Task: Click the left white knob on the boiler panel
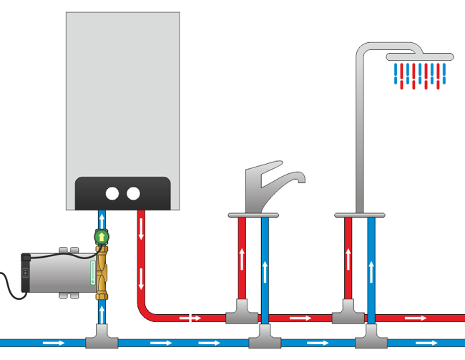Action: point(112,193)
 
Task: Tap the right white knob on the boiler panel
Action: point(133,193)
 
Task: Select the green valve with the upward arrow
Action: point(102,236)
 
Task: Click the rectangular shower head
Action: point(419,57)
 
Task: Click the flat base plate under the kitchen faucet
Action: point(253,214)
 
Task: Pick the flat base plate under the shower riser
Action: point(360,214)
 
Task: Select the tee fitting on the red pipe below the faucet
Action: point(242,314)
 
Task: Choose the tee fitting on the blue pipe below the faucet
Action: point(265,334)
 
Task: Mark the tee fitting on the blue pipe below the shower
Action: point(371,334)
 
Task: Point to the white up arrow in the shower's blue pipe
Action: point(371,272)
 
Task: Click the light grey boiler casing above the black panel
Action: point(122,93)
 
